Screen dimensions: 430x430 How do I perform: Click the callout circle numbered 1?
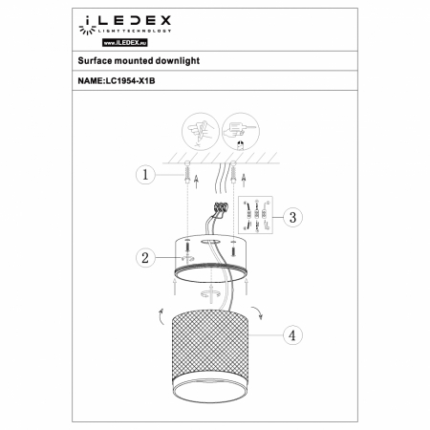coord(142,175)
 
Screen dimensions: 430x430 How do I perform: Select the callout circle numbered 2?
coord(142,256)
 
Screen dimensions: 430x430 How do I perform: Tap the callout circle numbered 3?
coord(293,217)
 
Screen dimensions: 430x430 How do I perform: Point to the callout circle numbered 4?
coord(293,335)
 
